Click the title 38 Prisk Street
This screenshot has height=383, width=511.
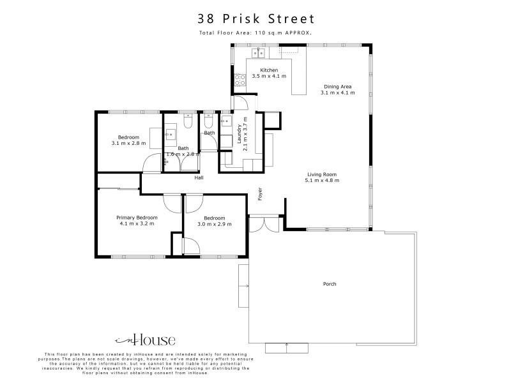(256, 19)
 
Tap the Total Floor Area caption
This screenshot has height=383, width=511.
(256, 33)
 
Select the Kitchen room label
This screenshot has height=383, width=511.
(269, 70)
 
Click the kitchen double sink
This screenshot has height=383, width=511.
(258, 53)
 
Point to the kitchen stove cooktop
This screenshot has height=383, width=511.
(240, 80)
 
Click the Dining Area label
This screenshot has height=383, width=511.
(338, 87)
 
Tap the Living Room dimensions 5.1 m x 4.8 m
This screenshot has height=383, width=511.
(322, 181)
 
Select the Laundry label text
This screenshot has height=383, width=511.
(239, 134)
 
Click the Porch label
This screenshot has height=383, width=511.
(330, 284)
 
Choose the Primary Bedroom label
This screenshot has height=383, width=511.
(137, 218)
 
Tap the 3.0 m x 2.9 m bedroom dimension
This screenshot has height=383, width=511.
(215, 224)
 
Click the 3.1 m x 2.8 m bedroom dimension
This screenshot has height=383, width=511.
(128, 143)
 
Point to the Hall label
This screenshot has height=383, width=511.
(199, 177)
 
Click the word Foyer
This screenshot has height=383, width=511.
(260, 194)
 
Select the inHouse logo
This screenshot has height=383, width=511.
(146, 340)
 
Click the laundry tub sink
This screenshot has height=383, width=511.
(226, 121)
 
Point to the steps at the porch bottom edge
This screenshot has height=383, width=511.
(286, 348)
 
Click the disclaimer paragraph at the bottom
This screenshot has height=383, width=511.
(146, 363)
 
